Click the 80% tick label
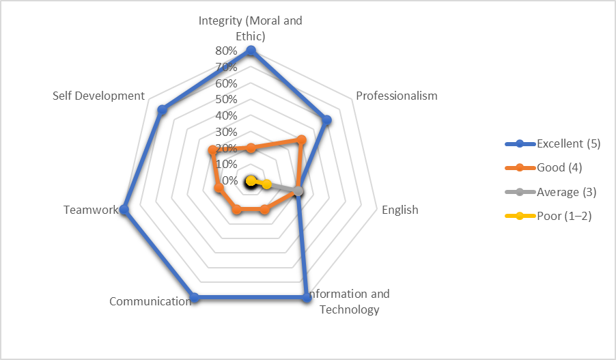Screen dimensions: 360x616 pyautogui.click(x=226, y=51)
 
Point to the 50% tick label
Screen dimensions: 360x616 pyautogui.click(x=226, y=100)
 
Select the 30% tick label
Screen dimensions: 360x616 pyautogui.click(x=226, y=132)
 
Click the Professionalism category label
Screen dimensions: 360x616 pyautogui.click(x=397, y=96)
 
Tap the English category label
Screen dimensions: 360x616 pyautogui.click(x=400, y=210)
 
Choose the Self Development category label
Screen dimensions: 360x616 pyautogui.click(x=98, y=96)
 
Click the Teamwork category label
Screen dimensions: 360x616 pyautogui.click(x=90, y=210)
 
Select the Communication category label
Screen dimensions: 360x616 pyautogui.click(x=150, y=301)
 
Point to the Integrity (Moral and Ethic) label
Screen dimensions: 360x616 pyautogui.click(x=251, y=28)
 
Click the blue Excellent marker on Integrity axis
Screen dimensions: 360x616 pyautogui.click(x=251, y=51)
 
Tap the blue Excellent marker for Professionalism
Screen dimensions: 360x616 pyautogui.click(x=326, y=120)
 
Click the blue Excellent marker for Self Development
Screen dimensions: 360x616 pyautogui.click(x=162, y=109)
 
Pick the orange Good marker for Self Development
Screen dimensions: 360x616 pyautogui.click(x=212, y=150)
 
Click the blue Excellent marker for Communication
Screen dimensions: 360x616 pyautogui.click(x=195, y=298)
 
